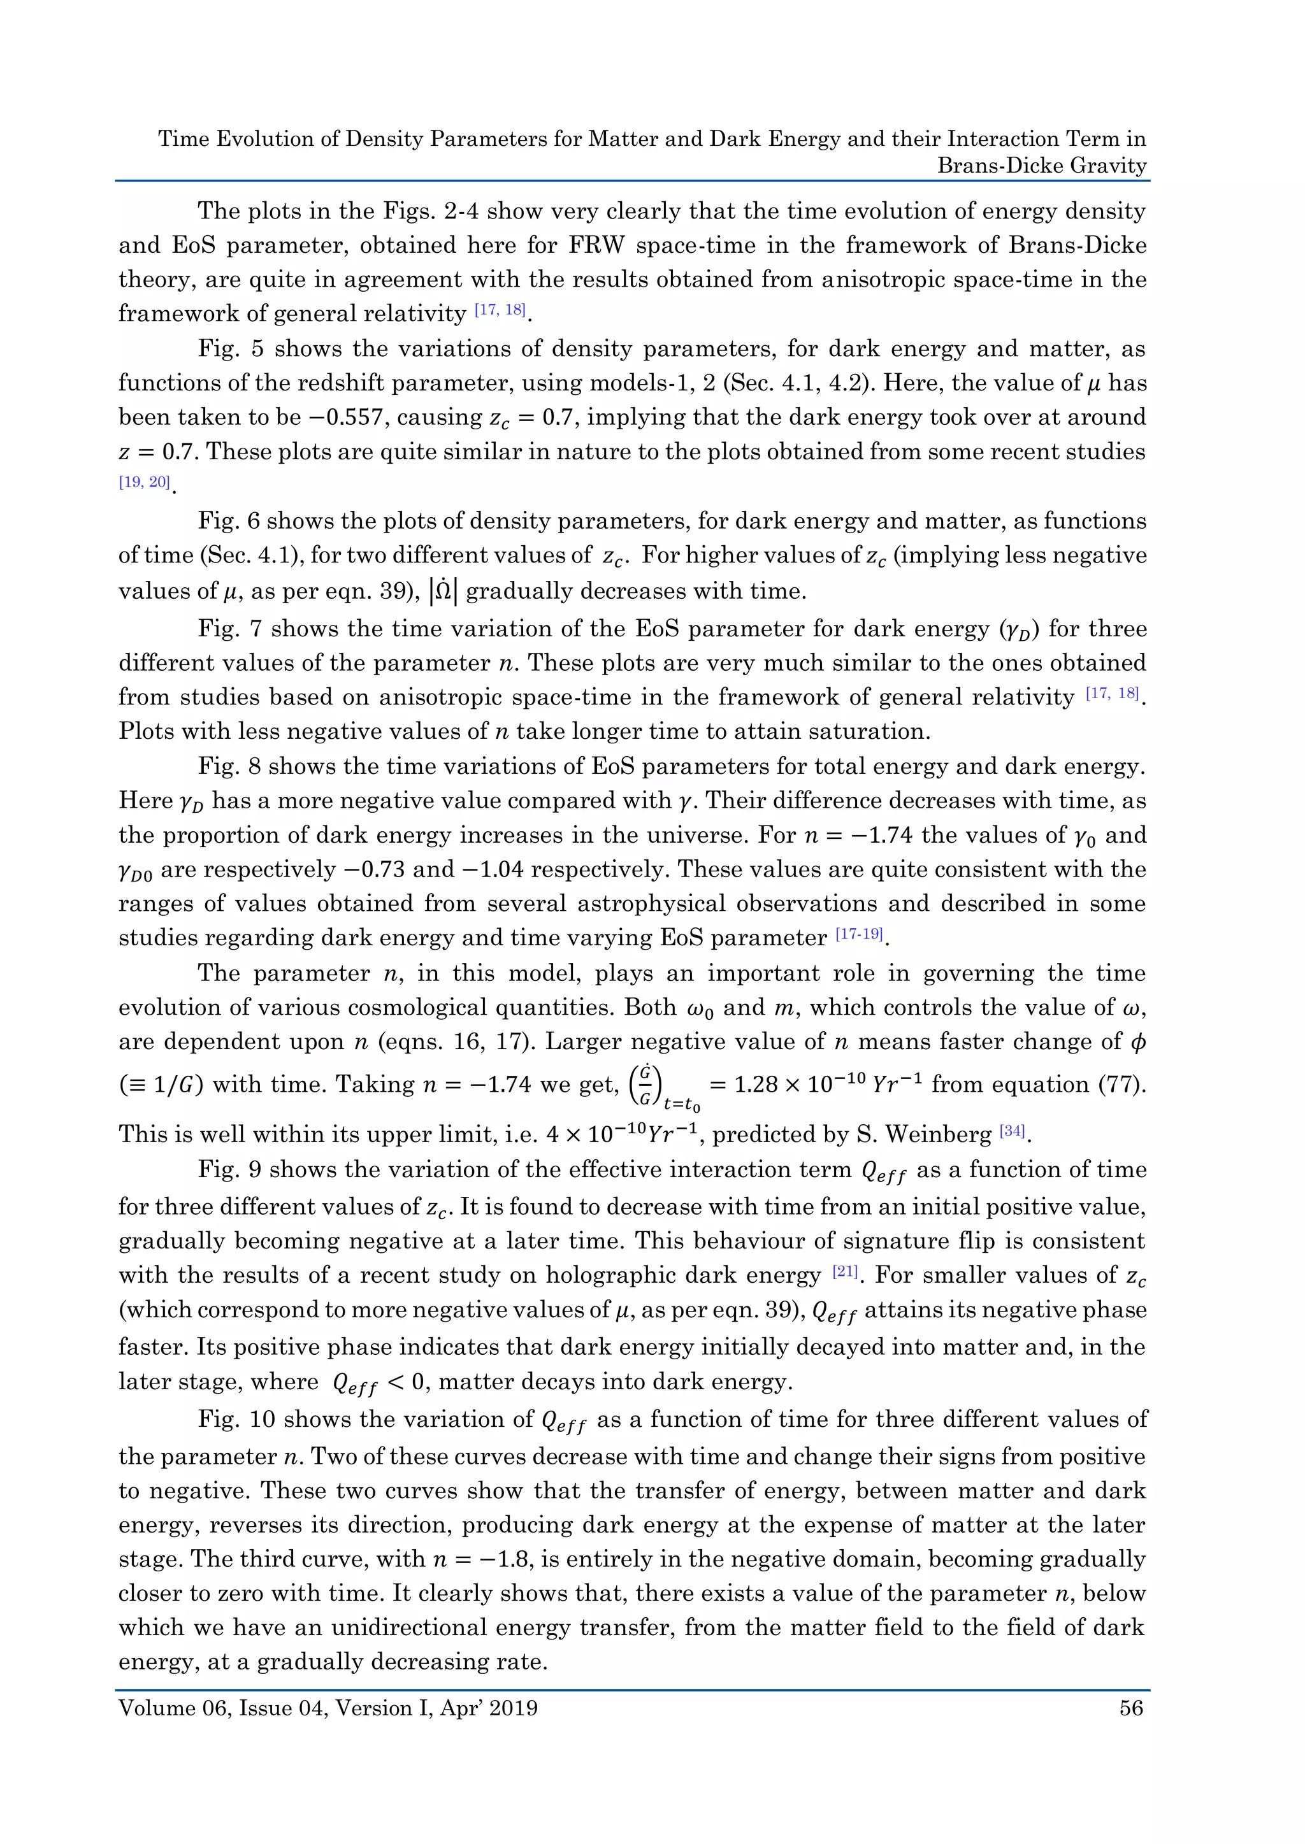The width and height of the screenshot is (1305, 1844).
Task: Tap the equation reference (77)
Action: coord(1121,1084)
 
